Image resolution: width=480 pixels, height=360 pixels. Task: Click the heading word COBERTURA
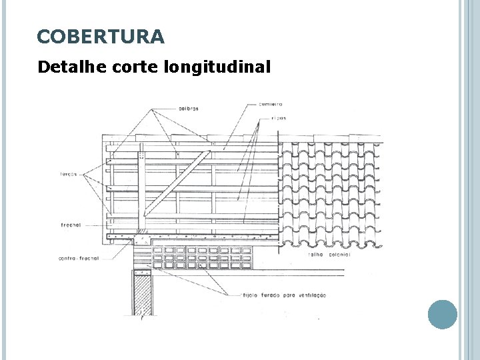(100, 36)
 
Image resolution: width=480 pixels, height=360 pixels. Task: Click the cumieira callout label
(271, 104)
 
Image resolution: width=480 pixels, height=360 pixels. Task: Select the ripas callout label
(279, 118)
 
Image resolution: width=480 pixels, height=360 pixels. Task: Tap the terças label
(68, 174)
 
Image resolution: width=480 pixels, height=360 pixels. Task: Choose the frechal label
(69, 225)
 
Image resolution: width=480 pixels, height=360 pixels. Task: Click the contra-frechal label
(78, 257)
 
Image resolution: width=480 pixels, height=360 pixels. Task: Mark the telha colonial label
(324, 255)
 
